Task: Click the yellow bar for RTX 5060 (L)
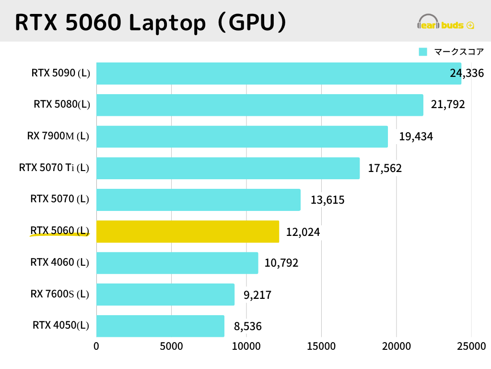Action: click(187, 232)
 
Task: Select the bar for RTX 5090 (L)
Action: click(278, 74)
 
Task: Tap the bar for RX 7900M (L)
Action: click(242, 136)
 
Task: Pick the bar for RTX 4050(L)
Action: click(160, 326)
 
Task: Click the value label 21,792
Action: click(448, 104)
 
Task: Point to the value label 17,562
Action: click(385, 168)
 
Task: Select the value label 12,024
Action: click(303, 232)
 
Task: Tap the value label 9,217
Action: click(257, 295)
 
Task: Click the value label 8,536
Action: click(247, 327)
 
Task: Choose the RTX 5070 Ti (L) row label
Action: click(54, 168)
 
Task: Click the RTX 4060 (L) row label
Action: click(59, 262)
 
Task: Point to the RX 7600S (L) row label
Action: click(60, 294)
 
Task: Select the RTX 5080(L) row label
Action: click(62, 104)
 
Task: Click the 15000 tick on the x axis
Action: click(321, 346)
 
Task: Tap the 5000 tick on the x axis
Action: click(171, 346)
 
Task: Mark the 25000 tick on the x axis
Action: click(471, 346)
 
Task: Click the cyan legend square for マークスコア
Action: click(423, 52)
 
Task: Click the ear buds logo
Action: click(446, 23)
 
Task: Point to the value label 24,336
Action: click(467, 73)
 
